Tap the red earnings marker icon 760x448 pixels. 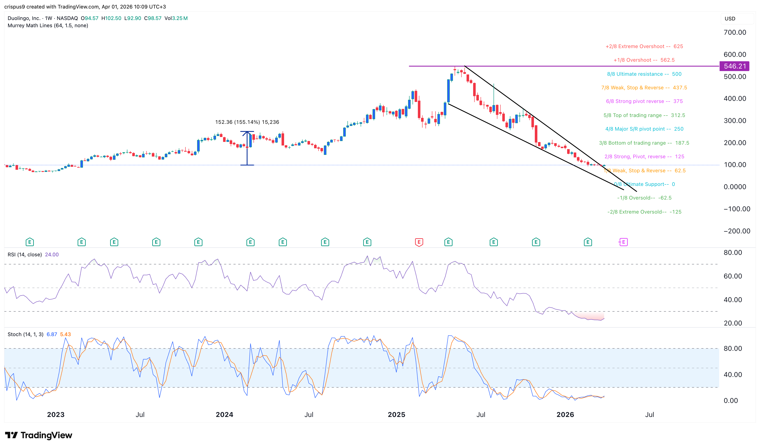pyautogui.click(x=419, y=242)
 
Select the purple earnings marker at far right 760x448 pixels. pyautogui.click(x=623, y=242)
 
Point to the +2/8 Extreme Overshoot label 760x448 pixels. pyautogui.click(x=644, y=46)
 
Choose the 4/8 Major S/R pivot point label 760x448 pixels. pyautogui.click(x=644, y=129)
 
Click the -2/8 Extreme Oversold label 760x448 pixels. pyautogui.click(x=644, y=212)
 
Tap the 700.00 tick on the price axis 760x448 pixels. pyautogui.click(x=735, y=32)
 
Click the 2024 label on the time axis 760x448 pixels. pyautogui.click(x=224, y=414)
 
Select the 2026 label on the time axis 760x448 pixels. pyautogui.click(x=565, y=414)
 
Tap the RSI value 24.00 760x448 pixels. pyautogui.click(x=52, y=254)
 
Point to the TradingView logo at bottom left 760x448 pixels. pyautogui.click(x=39, y=435)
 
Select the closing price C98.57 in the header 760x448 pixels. pyautogui.click(x=153, y=18)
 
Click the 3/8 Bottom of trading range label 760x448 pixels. pyautogui.click(x=644, y=143)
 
